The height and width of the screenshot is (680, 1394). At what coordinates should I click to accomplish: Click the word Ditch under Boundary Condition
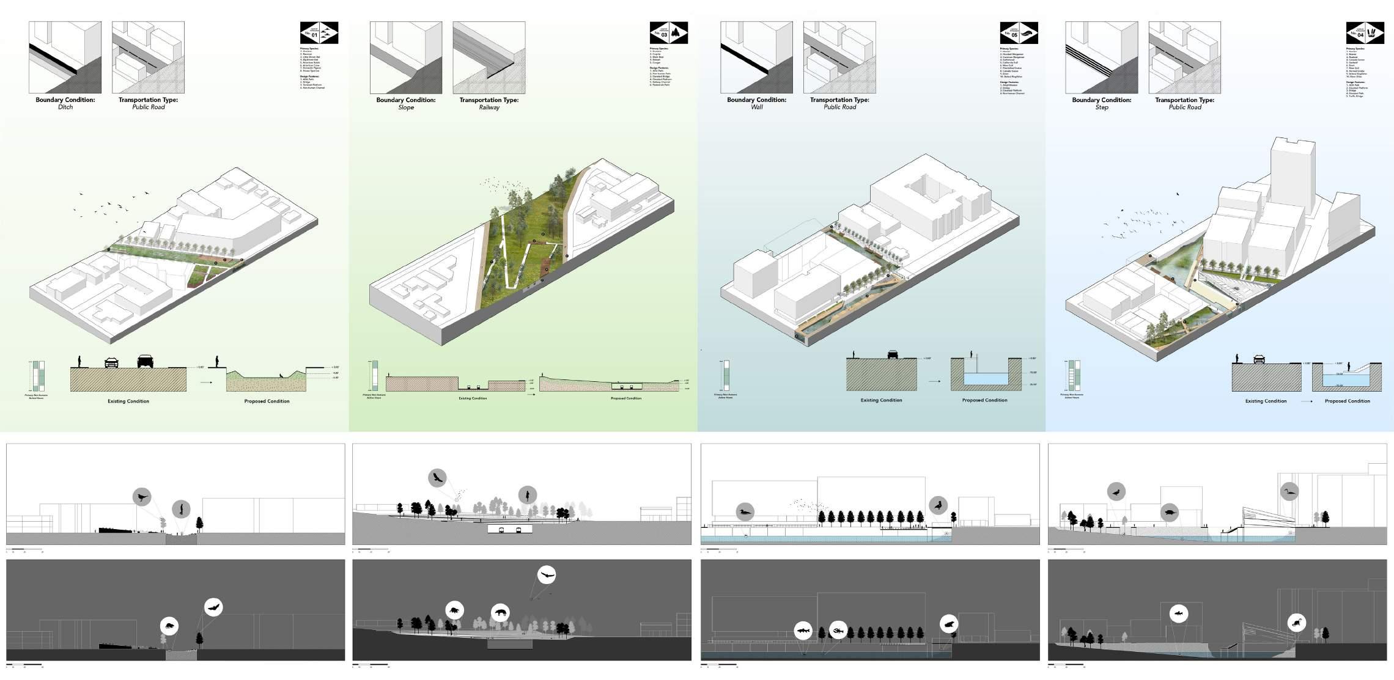(x=65, y=108)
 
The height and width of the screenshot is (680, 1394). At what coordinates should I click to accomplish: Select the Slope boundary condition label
(x=406, y=108)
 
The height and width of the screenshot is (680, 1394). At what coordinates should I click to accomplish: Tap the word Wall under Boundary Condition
(x=756, y=108)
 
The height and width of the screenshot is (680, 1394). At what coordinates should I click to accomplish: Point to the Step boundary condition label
(x=1101, y=108)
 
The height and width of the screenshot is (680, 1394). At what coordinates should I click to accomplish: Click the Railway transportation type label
(x=489, y=108)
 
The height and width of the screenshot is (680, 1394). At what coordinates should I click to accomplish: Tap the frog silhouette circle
(x=948, y=624)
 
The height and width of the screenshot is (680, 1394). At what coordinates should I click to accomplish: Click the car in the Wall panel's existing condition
(x=893, y=354)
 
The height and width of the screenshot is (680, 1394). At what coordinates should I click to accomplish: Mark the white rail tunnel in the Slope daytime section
(x=510, y=528)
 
